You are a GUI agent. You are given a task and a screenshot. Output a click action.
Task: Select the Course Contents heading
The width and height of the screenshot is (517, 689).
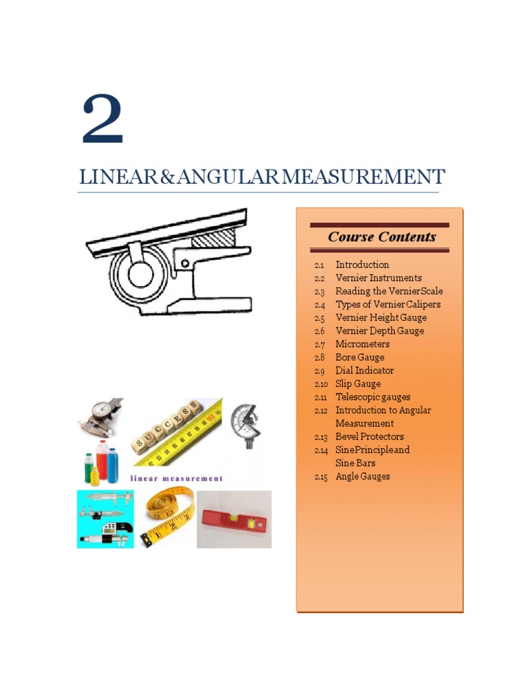381,237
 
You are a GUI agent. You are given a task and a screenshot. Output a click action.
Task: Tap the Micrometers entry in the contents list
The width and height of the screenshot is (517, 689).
362,344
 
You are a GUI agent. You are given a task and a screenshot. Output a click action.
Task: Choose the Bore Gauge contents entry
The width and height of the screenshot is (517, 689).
359,357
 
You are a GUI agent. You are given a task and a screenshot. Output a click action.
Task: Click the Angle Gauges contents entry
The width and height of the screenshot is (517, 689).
362,476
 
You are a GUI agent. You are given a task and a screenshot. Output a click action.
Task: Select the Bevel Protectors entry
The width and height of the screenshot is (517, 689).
370,437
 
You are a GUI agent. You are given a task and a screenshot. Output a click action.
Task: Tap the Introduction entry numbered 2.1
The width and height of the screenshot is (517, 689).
362,264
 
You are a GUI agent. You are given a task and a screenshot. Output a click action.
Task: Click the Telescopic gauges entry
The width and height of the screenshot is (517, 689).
372,397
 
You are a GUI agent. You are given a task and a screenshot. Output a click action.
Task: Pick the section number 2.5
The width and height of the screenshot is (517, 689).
319,318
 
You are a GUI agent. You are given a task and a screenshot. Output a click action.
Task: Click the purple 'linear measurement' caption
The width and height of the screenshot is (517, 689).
176,478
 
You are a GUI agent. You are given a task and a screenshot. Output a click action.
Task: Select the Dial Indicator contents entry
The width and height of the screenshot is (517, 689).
364,371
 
